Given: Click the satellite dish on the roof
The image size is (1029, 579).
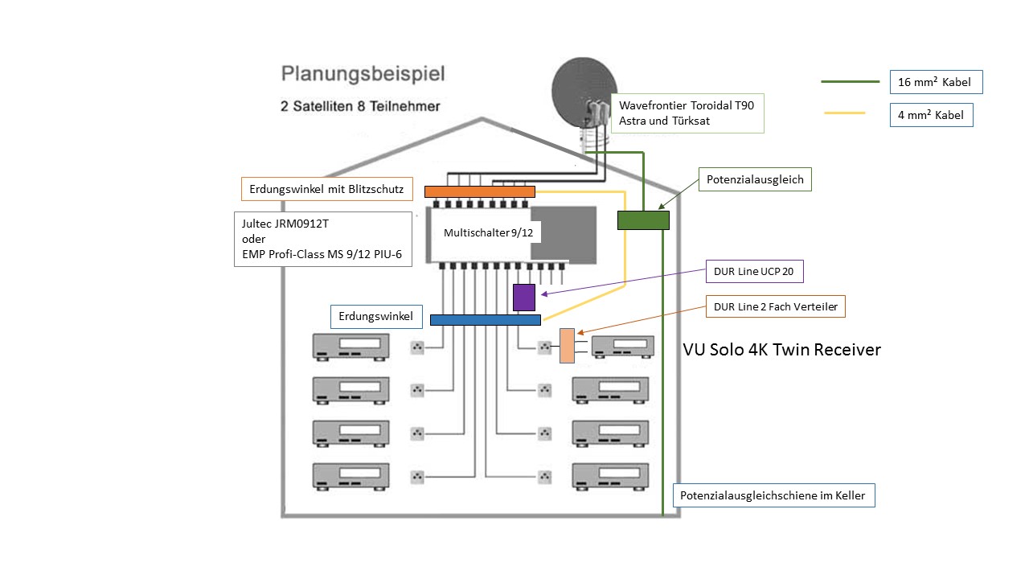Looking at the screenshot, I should coord(585,92).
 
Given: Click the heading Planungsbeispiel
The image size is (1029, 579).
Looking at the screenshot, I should coord(363,74).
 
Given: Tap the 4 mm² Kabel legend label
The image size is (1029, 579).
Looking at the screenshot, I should coord(932,115).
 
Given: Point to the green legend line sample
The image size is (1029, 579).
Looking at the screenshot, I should coord(850,82).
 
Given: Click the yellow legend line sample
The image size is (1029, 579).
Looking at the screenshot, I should coord(844,113).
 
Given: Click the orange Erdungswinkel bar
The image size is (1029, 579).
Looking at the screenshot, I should coord(479,191).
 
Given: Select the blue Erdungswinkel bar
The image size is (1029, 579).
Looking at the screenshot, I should coord(485,319).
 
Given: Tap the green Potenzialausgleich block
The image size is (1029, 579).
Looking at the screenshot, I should coord(643,220).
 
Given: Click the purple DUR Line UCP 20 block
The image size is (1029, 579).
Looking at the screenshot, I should coord(524,297).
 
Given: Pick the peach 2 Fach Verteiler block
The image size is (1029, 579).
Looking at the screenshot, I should coord(568,346).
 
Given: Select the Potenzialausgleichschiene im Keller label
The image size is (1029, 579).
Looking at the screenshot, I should coord(773,495).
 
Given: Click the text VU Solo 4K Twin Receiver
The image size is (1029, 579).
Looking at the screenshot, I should coord(781,350).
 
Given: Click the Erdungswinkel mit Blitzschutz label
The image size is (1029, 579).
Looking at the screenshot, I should coord(327,189).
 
